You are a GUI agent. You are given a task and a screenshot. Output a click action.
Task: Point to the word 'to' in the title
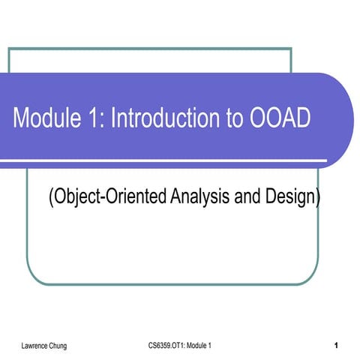[x=226, y=118]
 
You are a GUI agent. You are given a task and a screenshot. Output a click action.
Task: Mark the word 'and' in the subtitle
[x=248, y=197]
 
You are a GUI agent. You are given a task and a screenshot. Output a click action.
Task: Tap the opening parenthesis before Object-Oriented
[x=51, y=198]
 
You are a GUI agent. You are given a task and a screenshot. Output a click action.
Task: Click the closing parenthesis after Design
[x=318, y=198]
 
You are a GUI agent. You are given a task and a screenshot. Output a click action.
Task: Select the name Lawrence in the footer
[x=37, y=345]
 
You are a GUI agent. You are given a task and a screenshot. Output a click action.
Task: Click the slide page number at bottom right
[x=337, y=345]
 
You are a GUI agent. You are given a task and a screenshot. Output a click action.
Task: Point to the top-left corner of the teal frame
[x=9, y=49]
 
